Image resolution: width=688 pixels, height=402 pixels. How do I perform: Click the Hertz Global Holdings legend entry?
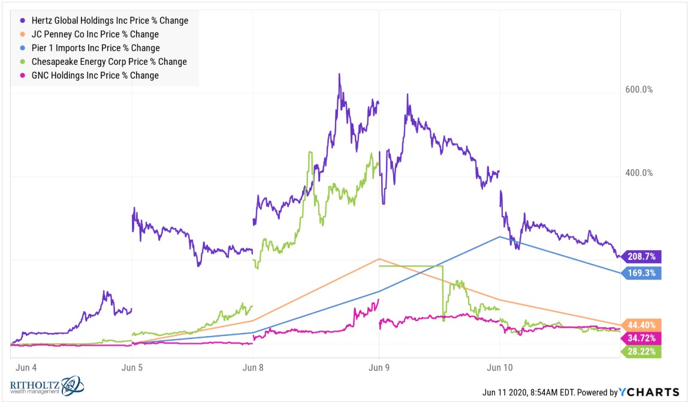coord(104,20)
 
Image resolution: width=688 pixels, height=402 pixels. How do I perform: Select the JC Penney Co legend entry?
coord(89,34)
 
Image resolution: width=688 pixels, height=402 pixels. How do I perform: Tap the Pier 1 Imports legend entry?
coord(90,48)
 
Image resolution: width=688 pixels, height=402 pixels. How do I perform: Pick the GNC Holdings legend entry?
coord(89,75)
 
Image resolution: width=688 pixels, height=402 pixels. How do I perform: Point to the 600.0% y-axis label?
coord(639,89)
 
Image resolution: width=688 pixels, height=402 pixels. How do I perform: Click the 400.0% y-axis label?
coord(639,173)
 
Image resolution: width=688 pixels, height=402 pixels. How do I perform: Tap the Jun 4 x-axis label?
coord(26,368)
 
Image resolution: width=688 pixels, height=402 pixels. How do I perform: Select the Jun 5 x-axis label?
coord(132,368)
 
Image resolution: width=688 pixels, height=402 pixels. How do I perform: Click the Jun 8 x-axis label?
coord(253,368)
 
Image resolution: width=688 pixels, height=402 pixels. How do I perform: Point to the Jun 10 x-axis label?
coord(500,368)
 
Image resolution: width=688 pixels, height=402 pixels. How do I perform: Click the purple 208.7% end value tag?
coord(641,257)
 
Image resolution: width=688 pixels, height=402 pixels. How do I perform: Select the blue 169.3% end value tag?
coord(641,273)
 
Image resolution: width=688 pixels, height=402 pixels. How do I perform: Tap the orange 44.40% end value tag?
coord(641,325)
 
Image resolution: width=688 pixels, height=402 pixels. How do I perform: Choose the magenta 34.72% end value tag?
coord(641,338)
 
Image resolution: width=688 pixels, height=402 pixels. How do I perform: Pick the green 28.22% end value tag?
coord(641,352)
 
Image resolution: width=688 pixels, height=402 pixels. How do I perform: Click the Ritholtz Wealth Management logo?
coord(47,386)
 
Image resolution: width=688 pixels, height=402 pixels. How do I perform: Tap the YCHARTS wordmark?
coord(649,392)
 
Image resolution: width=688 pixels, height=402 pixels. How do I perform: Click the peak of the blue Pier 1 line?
coord(500,237)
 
